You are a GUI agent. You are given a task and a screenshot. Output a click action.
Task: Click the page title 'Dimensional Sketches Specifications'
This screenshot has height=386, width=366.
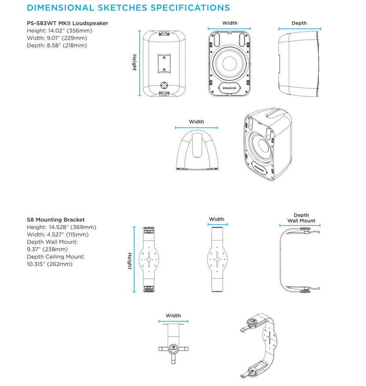coord(128,8)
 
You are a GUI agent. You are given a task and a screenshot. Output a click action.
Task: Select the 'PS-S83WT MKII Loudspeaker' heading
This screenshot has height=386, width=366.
coord(67,23)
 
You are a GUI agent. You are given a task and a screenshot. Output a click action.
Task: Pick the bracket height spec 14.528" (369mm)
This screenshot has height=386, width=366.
coord(61,227)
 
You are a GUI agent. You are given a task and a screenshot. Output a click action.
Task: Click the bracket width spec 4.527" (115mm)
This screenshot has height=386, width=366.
coord(58,234)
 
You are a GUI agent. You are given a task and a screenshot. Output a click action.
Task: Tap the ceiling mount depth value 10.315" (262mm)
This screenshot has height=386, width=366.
coord(49,264)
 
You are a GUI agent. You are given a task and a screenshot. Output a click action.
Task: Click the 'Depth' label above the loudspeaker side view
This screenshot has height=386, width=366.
coord(299,23)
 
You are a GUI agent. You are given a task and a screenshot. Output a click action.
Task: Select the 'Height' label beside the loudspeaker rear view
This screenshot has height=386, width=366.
coord(135,62)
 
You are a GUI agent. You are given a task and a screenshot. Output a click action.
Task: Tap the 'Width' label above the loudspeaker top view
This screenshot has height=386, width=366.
coord(196,122)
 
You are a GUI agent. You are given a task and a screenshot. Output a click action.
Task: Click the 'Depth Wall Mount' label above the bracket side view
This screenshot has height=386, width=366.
coord(301,218)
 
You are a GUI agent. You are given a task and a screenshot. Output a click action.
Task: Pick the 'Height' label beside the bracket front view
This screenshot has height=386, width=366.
coord(129,261)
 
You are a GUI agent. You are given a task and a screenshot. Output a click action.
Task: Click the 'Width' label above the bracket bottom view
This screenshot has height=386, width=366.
coord(173,315)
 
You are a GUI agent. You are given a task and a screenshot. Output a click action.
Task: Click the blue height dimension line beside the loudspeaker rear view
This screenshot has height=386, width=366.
coord(140,63)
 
